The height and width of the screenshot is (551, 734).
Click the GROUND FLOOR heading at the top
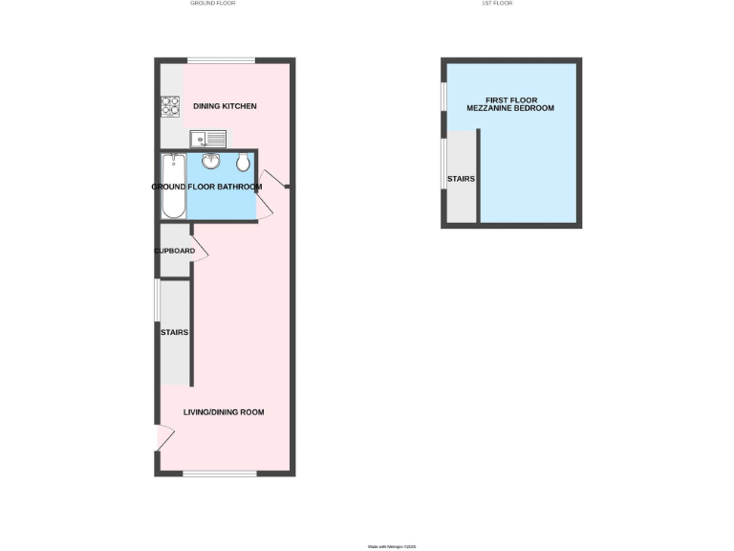[212, 4]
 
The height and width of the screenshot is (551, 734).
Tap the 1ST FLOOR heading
[497, 4]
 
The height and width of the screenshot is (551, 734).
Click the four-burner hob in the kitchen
[170, 106]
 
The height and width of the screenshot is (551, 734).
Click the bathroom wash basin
[210, 162]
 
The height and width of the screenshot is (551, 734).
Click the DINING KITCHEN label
[225, 106]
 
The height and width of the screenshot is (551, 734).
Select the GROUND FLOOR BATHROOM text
[206, 187]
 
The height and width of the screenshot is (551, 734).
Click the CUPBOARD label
[175, 252]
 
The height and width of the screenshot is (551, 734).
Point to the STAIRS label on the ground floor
[174, 332]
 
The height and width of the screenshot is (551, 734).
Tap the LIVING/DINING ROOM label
[224, 412]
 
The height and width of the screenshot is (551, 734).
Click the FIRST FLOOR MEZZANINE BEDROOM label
[510, 104]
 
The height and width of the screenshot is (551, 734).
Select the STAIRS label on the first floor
[461, 179]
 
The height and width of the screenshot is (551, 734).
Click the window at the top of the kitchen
[221, 61]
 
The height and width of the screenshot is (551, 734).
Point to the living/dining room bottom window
[219, 474]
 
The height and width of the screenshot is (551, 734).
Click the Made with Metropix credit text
[392, 547]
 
